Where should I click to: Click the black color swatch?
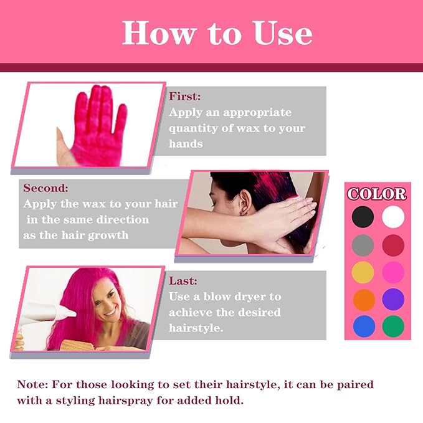point(363,217)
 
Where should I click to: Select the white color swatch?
point(393,217)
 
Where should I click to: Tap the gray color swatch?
point(363,244)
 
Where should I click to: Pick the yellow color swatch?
point(363,272)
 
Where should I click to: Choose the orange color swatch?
point(363,298)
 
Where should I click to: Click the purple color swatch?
point(393,298)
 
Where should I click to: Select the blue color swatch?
point(363,325)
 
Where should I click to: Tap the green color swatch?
point(393,325)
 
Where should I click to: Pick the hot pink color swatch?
point(393,272)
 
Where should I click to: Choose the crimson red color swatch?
point(393,244)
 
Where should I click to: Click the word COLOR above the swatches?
point(377,194)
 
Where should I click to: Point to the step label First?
point(185,97)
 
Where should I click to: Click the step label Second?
point(45,188)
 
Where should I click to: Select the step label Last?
point(183,281)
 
